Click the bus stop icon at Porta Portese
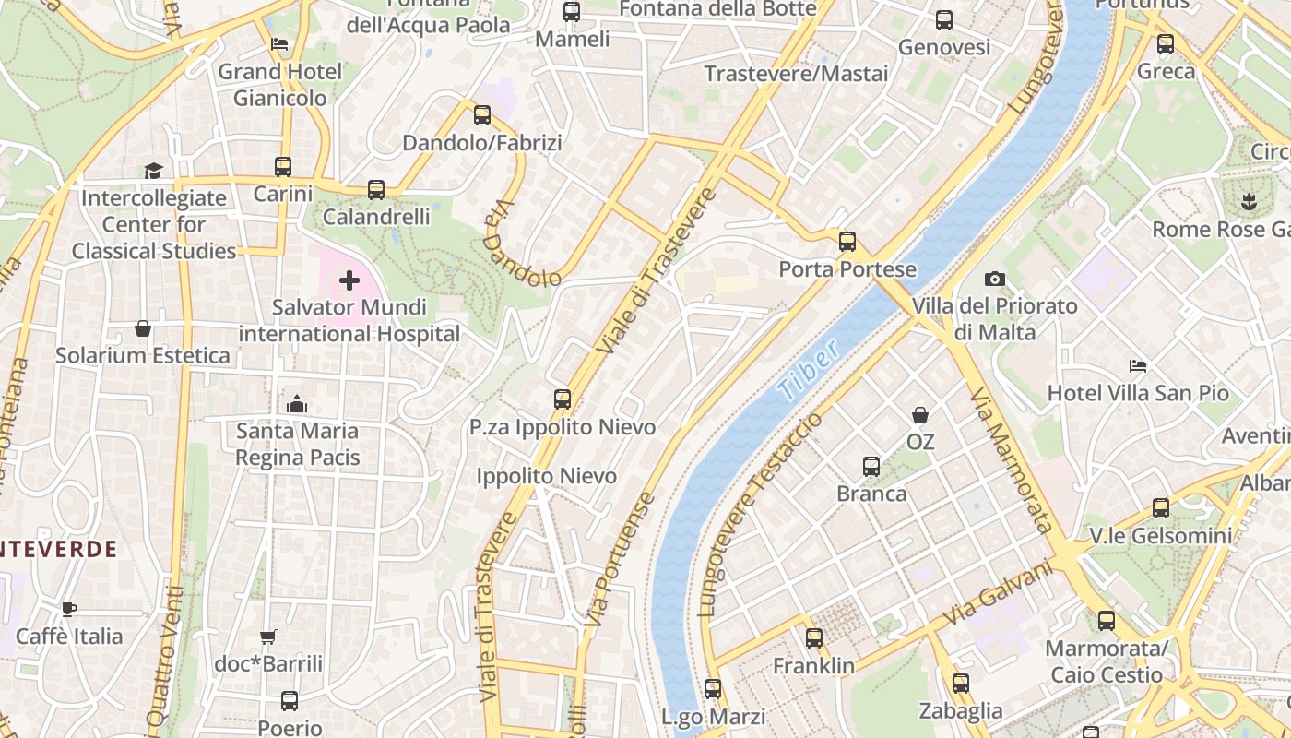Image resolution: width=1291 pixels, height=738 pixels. (x=847, y=242)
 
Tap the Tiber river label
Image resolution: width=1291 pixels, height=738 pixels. (x=808, y=369)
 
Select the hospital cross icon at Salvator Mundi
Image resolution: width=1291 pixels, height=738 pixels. (x=349, y=280)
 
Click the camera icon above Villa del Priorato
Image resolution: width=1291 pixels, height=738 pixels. (x=994, y=279)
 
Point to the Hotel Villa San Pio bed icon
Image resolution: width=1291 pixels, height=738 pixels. (x=1138, y=366)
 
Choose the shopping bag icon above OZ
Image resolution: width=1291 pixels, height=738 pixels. (x=919, y=415)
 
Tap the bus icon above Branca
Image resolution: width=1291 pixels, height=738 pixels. (x=871, y=467)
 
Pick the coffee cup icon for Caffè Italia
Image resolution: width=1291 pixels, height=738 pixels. (x=68, y=609)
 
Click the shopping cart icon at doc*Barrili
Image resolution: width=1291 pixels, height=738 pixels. (x=267, y=637)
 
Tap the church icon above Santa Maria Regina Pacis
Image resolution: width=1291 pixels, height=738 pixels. (x=296, y=404)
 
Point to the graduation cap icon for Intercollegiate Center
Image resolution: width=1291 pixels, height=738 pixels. (x=152, y=171)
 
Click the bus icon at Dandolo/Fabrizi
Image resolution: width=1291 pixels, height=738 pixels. (x=481, y=115)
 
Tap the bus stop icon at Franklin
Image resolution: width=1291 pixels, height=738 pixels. (x=813, y=638)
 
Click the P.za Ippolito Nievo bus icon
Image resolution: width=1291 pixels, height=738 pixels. (x=562, y=399)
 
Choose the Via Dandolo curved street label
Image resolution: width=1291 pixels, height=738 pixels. (x=521, y=244)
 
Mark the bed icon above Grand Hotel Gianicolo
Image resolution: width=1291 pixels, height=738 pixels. (x=279, y=44)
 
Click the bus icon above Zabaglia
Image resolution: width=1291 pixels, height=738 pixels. (x=960, y=684)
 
